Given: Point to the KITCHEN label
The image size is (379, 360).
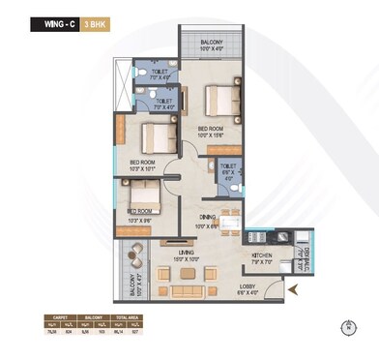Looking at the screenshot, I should (262, 255).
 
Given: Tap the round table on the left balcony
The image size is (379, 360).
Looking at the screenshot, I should (134, 255).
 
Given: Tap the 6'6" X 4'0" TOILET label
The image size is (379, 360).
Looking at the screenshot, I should (228, 168).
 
